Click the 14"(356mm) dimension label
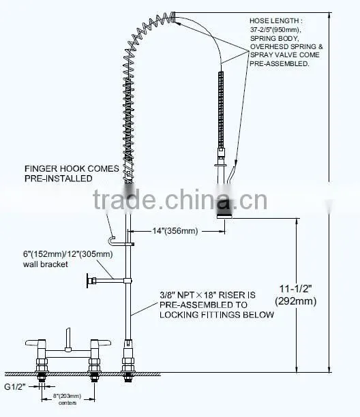tap(175, 230)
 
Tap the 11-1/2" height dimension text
tap(295, 289)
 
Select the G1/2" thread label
tap(15, 386)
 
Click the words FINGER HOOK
tap(55, 168)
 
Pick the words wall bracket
tap(46, 264)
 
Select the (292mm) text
tap(296, 301)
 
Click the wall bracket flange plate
tap(88, 281)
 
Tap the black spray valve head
tap(223, 207)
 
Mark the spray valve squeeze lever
tap(230, 174)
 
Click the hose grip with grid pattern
tap(221, 110)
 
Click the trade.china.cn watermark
tap(180, 200)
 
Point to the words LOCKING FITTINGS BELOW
tap(217, 315)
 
